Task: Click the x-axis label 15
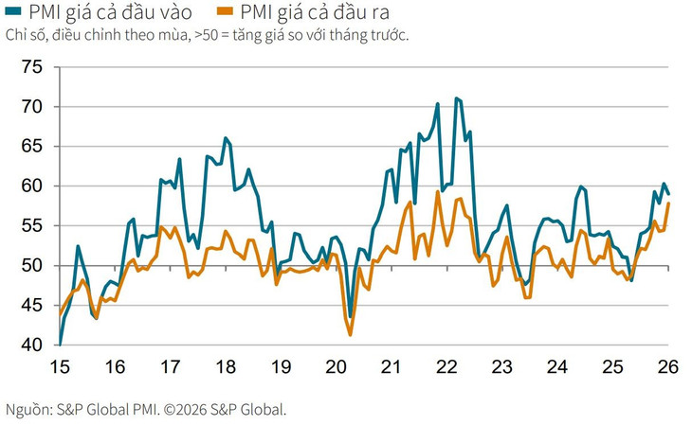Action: [59, 367]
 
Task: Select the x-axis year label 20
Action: [337, 367]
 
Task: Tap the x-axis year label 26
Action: [669, 367]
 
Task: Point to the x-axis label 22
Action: [447, 367]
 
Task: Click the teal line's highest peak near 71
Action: [457, 97]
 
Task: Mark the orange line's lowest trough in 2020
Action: [351, 335]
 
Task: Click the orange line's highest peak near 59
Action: [438, 192]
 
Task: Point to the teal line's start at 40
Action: [60, 344]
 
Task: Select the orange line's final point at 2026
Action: [669, 203]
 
